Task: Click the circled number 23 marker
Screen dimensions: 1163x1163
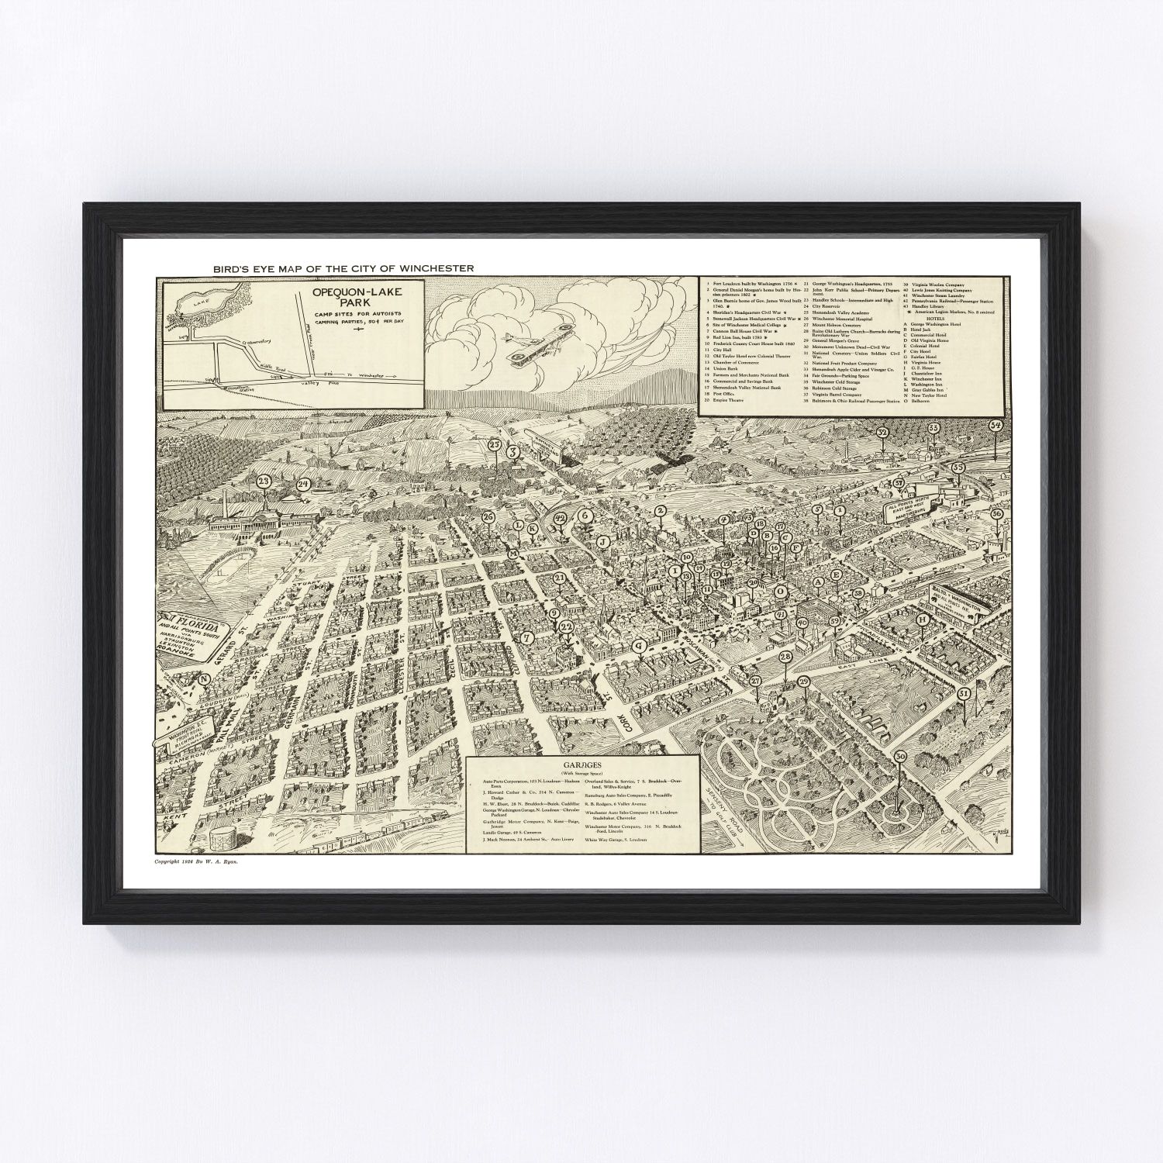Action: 264,482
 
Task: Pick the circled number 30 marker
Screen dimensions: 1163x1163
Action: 900,757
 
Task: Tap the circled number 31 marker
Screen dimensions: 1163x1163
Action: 964,693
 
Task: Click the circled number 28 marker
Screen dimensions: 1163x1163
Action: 785,657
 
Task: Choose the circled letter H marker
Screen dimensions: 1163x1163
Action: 923,619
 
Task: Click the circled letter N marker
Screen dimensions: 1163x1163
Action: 205,679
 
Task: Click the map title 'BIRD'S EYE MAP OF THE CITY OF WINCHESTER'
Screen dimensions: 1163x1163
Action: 343,268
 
